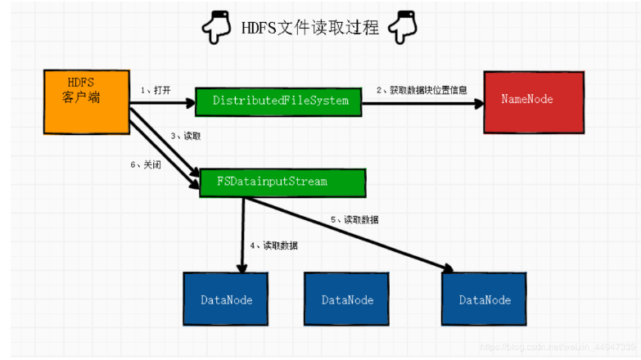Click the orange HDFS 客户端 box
85,101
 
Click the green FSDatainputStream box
282,182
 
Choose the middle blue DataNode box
347,299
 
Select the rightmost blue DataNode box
485,299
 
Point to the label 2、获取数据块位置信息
422,90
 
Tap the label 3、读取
186,136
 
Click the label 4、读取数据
274,245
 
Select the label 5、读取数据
354,219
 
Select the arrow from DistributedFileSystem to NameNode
426,101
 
